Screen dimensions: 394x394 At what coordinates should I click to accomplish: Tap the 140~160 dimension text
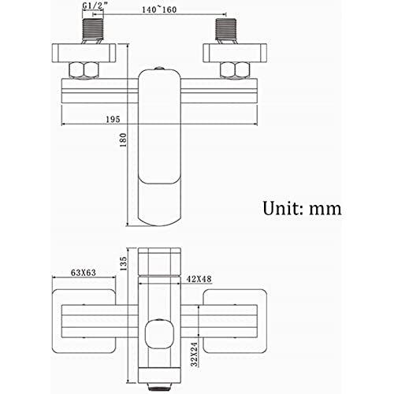click(x=159, y=9)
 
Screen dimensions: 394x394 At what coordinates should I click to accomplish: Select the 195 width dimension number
click(x=113, y=119)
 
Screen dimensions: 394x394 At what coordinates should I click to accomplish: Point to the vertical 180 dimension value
click(x=123, y=139)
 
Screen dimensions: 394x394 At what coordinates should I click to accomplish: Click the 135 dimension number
click(x=123, y=264)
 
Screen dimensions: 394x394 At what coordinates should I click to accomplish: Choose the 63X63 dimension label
click(x=84, y=273)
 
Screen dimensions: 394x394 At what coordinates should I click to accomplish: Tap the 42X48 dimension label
click(x=199, y=279)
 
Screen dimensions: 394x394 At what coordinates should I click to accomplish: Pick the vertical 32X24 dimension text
click(x=194, y=354)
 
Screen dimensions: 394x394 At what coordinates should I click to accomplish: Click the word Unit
click(x=284, y=208)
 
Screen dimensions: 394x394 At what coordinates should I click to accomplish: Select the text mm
click(x=325, y=210)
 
